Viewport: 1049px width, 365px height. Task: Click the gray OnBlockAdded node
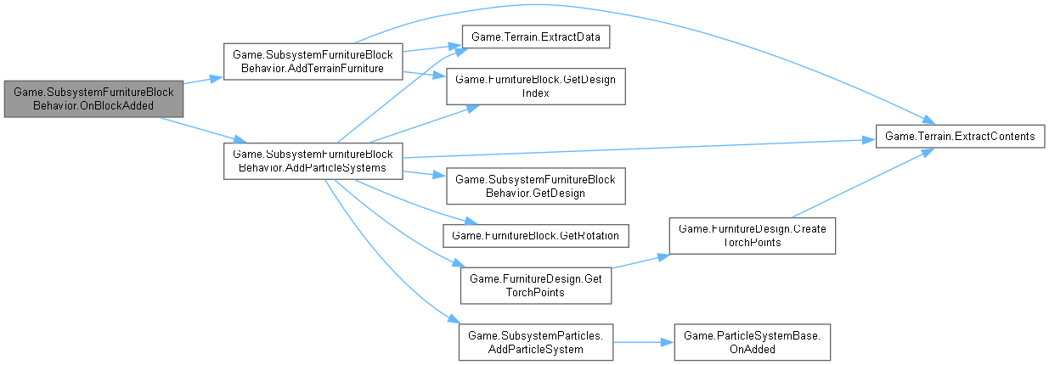[93, 99]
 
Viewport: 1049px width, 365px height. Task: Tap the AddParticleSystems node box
[312, 160]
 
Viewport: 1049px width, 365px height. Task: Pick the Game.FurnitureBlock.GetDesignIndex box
[540, 86]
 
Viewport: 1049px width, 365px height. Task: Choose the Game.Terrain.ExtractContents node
[960, 136]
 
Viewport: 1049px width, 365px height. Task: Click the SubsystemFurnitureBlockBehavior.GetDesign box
[540, 186]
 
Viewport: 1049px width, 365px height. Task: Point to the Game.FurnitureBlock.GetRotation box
[540, 233]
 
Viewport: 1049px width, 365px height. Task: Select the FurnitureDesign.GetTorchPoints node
[535, 284]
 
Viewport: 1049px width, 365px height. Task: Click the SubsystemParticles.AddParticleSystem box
[535, 342]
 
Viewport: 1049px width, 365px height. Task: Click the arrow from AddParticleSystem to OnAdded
[642, 342]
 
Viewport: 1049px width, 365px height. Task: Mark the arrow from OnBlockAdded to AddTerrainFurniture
[203, 81]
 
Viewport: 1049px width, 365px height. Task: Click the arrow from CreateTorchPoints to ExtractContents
[858, 183]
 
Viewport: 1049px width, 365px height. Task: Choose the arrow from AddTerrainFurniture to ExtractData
[429, 49]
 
